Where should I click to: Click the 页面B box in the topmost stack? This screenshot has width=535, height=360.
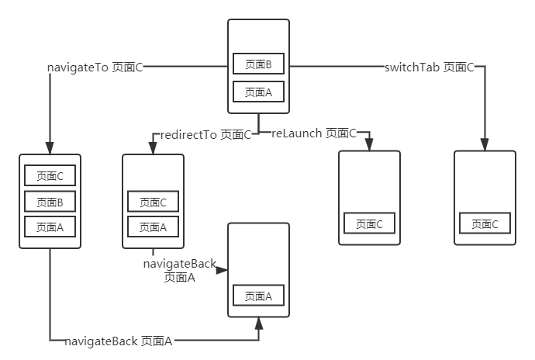click(258, 64)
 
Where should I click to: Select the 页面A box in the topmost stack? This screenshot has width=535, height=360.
click(258, 92)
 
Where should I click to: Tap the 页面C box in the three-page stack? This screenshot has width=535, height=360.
click(50, 176)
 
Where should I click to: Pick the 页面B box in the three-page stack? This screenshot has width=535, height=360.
click(50, 202)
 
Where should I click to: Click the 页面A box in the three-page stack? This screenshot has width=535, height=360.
click(50, 227)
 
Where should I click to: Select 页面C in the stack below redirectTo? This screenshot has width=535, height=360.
click(153, 202)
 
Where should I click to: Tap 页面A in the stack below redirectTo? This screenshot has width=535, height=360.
click(153, 227)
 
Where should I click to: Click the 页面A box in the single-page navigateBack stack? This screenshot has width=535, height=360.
click(258, 296)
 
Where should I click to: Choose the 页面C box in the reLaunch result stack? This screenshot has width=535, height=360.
click(369, 223)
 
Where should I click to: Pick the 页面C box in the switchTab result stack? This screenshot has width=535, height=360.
click(485, 223)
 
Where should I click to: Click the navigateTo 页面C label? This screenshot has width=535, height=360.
click(95, 67)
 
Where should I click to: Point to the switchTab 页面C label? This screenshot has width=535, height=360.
click(429, 67)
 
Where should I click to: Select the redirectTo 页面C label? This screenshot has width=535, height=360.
click(205, 134)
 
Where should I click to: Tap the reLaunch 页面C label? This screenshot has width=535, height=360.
click(314, 133)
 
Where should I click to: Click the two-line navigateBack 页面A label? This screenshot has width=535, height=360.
click(179, 271)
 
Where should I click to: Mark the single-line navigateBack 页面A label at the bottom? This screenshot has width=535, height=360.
click(119, 341)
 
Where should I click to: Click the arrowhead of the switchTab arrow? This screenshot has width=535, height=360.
click(485, 144)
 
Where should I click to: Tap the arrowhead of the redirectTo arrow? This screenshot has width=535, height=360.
click(153, 148)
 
